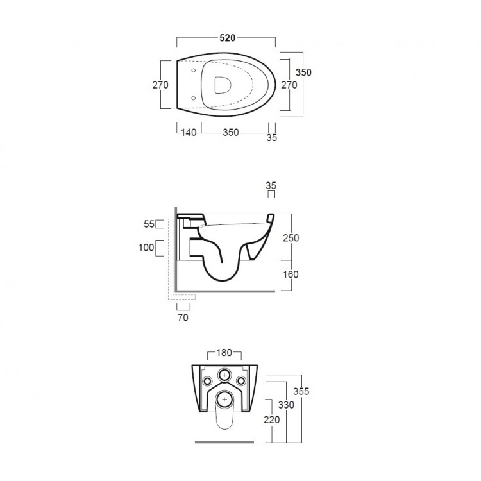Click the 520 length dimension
click(x=226, y=38)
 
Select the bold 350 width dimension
click(x=303, y=72)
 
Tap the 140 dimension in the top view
click(x=187, y=133)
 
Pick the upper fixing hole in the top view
click(x=193, y=70)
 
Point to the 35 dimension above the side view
click(x=271, y=186)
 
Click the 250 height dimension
click(x=291, y=237)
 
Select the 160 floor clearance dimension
click(x=291, y=274)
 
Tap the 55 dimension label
click(x=150, y=224)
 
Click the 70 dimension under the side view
click(x=183, y=316)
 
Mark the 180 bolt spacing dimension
click(x=224, y=353)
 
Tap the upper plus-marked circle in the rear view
click(x=224, y=375)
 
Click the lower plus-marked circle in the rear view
click(x=224, y=400)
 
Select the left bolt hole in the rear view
click(x=207, y=382)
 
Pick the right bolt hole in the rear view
click(x=242, y=382)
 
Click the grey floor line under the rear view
click(x=224, y=443)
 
